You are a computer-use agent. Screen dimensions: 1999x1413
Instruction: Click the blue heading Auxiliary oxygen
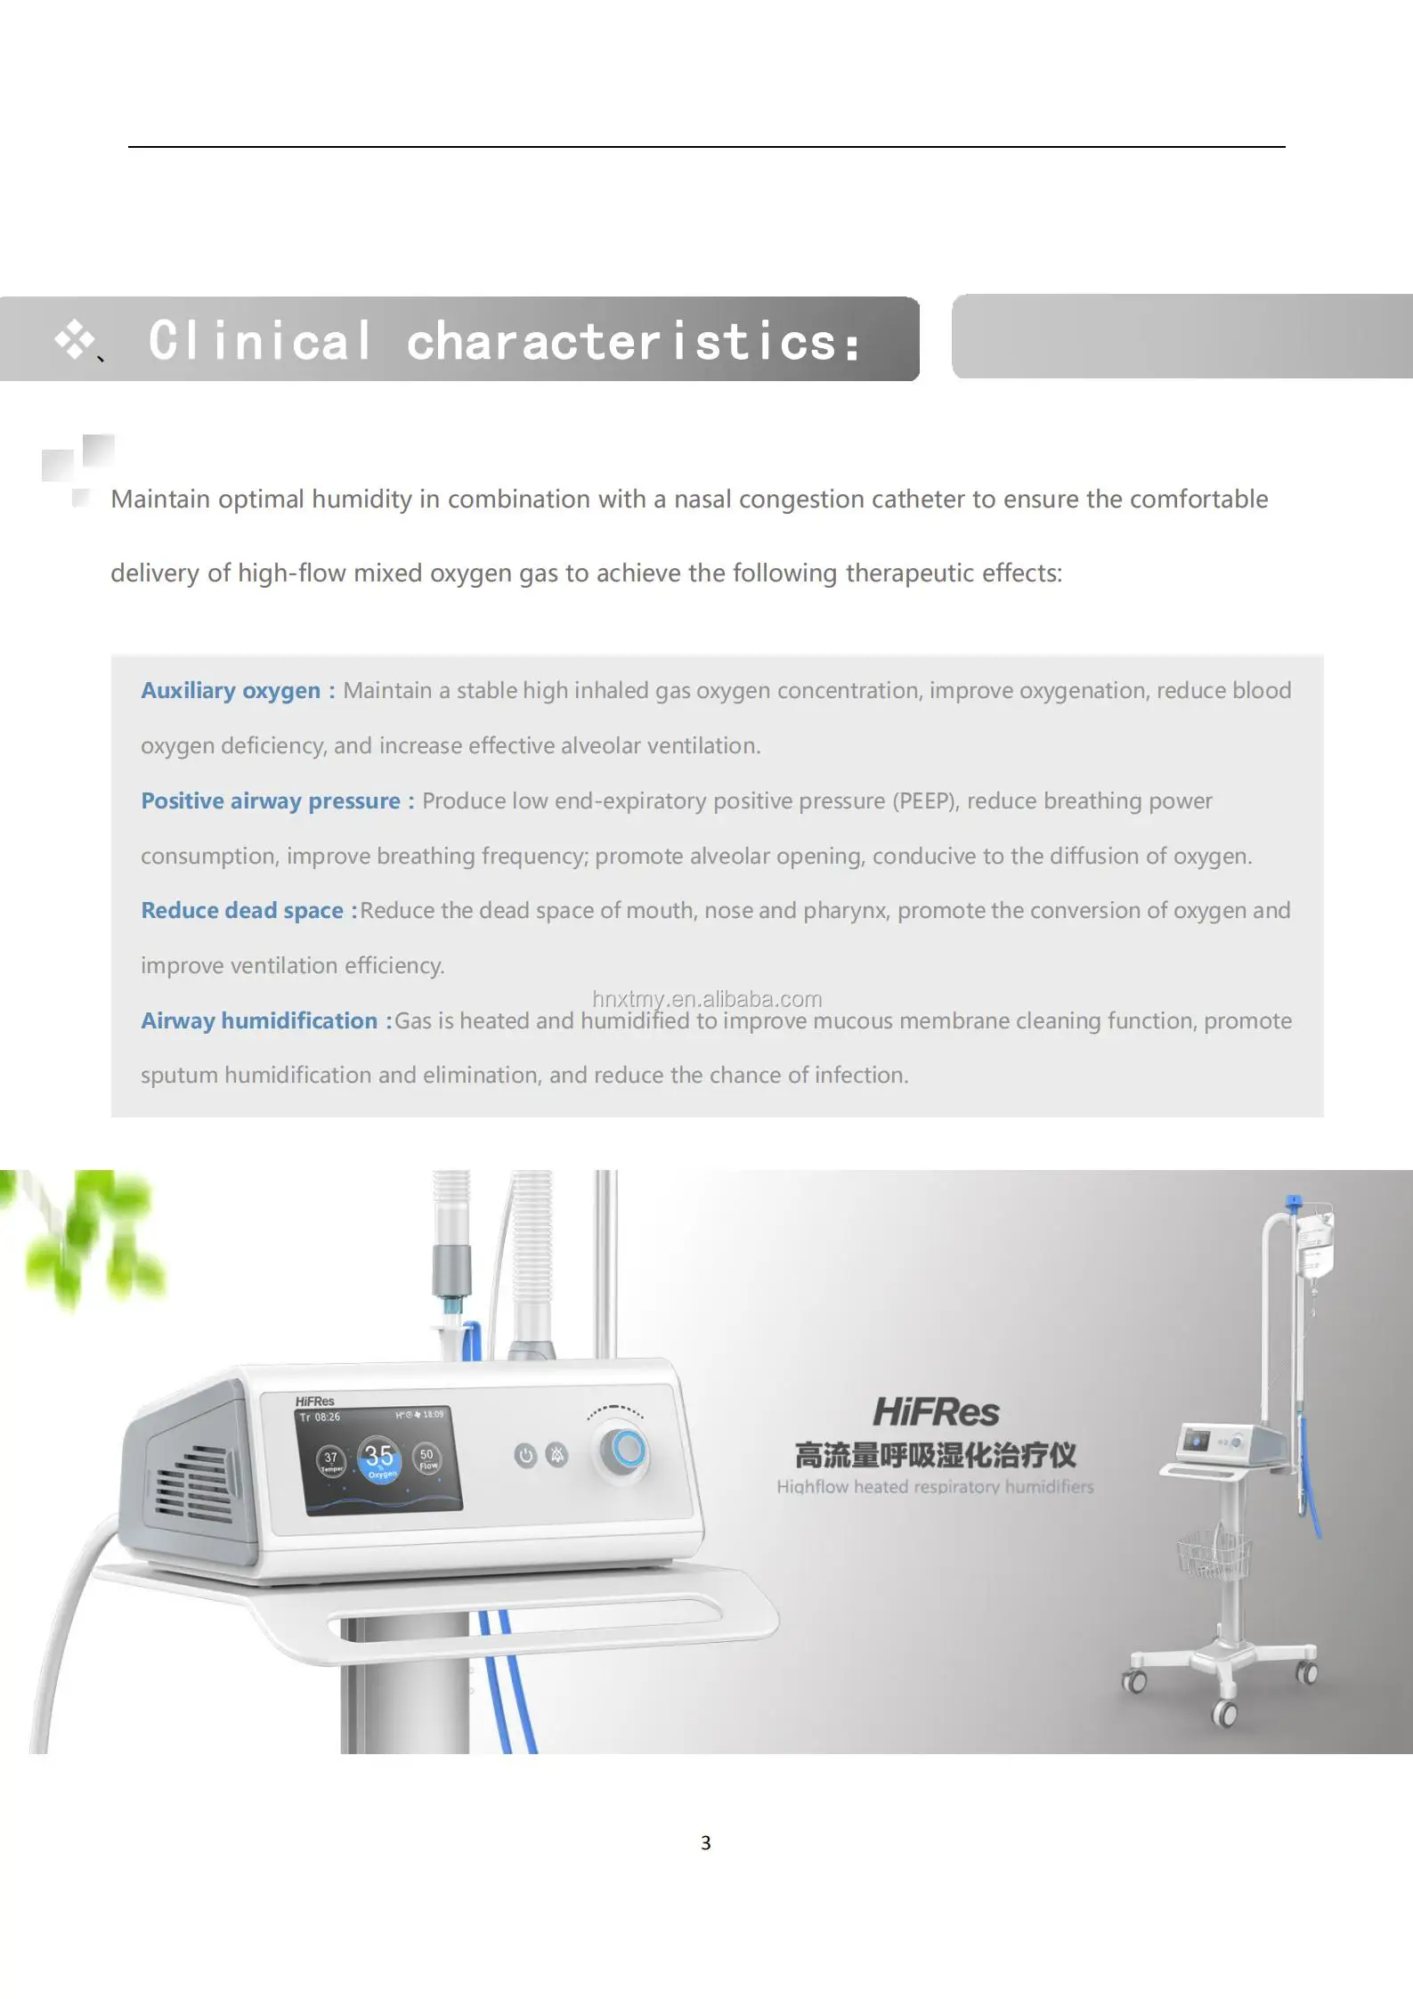tap(230, 691)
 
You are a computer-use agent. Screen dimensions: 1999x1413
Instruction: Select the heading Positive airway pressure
tap(271, 801)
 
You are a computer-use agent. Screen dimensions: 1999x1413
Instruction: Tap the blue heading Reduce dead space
tap(242, 911)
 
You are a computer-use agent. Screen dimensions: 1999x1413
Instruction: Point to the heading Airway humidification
tap(259, 1021)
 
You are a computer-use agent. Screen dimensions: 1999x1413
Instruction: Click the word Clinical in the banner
tap(260, 341)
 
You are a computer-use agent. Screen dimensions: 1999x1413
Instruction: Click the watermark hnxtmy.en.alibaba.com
tap(707, 999)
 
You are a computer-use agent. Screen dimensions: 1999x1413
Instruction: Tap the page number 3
tap(706, 1842)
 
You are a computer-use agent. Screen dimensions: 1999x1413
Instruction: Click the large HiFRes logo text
tap(936, 1412)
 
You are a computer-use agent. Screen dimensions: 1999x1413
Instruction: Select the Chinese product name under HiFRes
tap(935, 1456)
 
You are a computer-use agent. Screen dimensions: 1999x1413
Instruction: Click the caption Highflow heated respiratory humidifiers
tap(935, 1487)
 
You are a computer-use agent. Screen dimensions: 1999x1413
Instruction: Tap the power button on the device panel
tap(525, 1455)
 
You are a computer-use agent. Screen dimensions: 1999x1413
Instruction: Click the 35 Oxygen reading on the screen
tap(379, 1459)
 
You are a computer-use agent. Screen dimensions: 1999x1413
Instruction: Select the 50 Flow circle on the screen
tap(428, 1458)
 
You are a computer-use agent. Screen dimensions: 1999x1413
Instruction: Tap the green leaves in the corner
tap(89, 1238)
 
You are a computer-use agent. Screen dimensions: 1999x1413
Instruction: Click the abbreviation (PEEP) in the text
tap(926, 801)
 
